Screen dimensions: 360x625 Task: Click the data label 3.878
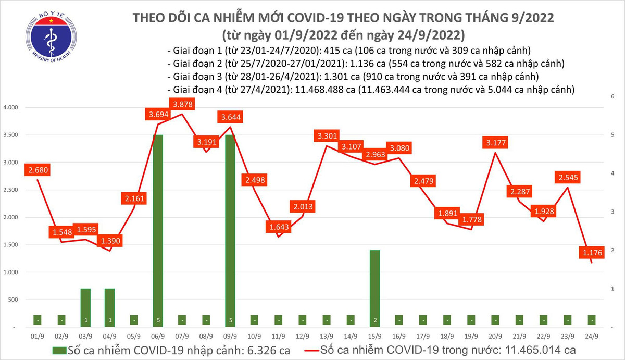(182, 104)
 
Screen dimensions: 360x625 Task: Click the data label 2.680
(41, 170)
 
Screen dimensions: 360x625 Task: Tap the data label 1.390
(111, 242)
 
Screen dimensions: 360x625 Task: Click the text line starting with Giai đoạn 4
(371, 90)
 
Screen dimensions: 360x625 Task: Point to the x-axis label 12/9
(302, 337)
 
